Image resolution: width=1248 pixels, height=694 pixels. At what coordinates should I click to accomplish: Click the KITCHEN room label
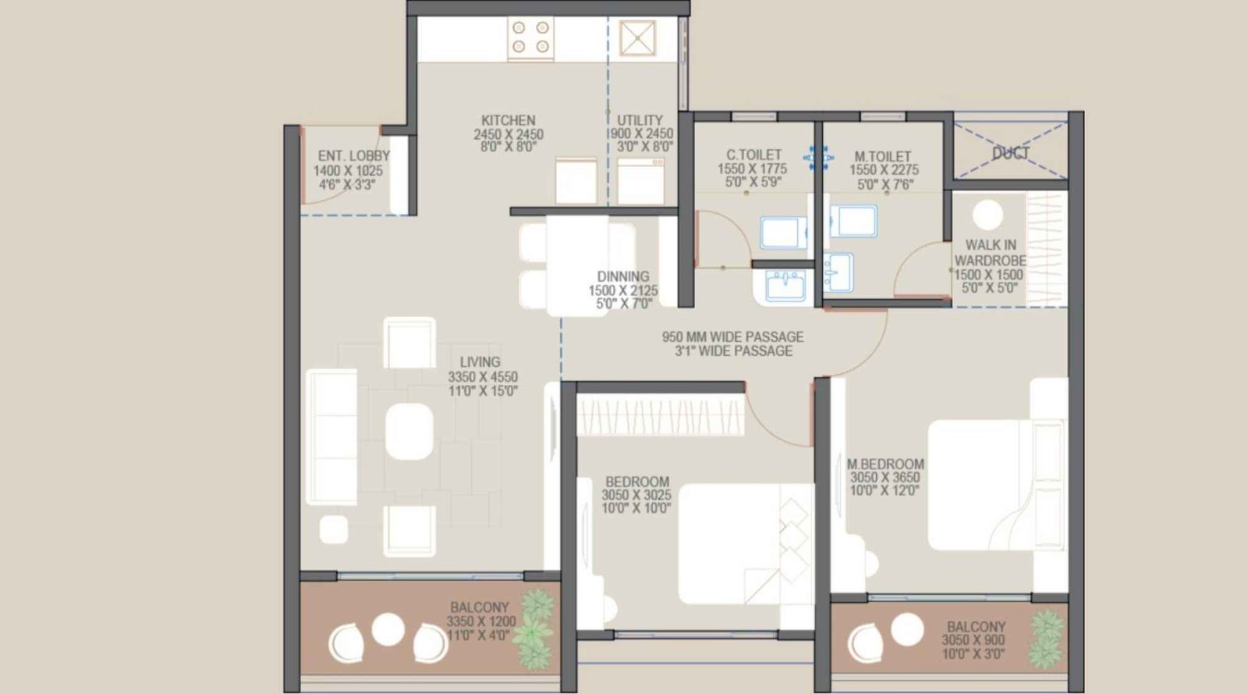[x=508, y=121]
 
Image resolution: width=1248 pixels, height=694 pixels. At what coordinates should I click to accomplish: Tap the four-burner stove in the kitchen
[x=531, y=39]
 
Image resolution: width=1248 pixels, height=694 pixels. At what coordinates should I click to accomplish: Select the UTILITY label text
[x=640, y=121]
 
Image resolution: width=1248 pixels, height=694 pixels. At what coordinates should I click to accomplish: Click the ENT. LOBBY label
[x=353, y=156]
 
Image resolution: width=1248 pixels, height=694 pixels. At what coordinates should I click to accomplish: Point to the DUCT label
[x=1010, y=154]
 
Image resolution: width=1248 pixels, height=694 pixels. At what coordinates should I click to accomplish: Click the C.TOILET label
[x=753, y=155]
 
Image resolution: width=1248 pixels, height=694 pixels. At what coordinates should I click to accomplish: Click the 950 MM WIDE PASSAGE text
[x=732, y=337]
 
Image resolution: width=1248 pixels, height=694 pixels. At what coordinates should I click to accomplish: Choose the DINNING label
[x=623, y=276]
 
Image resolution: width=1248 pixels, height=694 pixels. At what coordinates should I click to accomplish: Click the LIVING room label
[x=480, y=362]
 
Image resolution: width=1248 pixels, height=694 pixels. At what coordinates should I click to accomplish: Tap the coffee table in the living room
[x=409, y=431]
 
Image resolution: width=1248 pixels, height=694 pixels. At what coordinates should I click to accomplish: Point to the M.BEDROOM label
[x=885, y=464]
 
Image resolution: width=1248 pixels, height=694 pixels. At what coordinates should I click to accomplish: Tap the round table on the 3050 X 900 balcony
[x=907, y=629]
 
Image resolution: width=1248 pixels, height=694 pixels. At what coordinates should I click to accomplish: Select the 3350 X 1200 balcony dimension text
[x=481, y=622]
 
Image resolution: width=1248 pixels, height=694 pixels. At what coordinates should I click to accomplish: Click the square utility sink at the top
[x=637, y=39]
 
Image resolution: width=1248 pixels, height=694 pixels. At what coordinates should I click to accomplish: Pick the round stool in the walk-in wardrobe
[x=988, y=215]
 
